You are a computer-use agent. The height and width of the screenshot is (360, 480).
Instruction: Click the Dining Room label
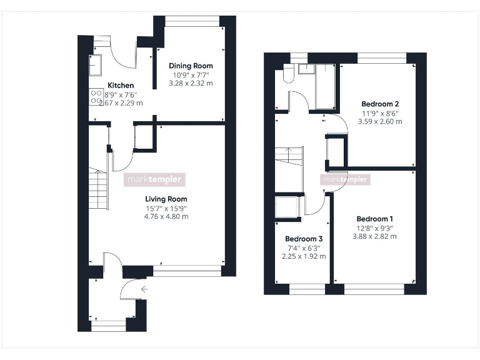pyautogui.click(x=191, y=66)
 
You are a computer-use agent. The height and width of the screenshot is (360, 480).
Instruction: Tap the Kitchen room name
pyautogui.click(x=121, y=86)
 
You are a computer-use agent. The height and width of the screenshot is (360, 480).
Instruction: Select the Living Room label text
pyautogui.click(x=161, y=199)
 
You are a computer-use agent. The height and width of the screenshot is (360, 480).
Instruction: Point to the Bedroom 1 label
pyautogui.click(x=374, y=219)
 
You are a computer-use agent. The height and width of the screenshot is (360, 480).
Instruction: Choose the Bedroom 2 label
pyautogui.click(x=380, y=104)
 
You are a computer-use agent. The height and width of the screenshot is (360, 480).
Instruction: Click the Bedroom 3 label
pyautogui.click(x=304, y=239)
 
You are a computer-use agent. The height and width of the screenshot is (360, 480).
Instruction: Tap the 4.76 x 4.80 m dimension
pyautogui.click(x=161, y=217)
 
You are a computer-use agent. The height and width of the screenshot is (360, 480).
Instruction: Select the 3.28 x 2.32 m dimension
pyautogui.click(x=191, y=83)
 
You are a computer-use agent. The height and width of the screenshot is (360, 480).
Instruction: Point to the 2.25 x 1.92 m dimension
pyautogui.click(x=304, y=256)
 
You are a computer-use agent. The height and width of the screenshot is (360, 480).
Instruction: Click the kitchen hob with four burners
pyautogui.click(x=96, y=96)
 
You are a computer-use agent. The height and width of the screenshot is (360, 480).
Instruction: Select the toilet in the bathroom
pyautogui.click(x=287, y=74)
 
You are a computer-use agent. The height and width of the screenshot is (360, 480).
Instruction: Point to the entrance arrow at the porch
pyautogui.click(x=145, y=289)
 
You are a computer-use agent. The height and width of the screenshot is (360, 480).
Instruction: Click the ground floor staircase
pyautogui.click(x=98, y=189)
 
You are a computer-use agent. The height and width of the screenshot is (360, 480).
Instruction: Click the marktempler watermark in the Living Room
pyautogui.click(x=155, y=179)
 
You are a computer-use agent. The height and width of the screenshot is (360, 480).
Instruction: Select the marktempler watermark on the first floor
pyautogui.click(x=345, y=180)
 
